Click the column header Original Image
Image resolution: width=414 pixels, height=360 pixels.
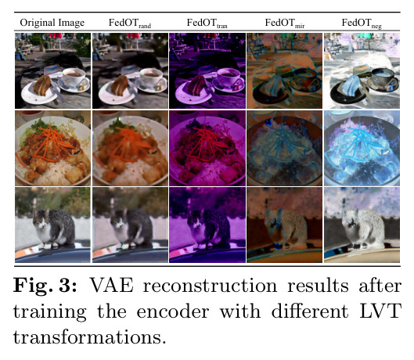(52, 23)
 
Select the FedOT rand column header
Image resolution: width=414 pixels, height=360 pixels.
(130, 23)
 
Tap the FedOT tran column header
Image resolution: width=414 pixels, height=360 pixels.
(207, 23)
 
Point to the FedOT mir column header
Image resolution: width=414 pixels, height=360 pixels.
(285, 23)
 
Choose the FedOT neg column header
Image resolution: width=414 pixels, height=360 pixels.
(362, 23)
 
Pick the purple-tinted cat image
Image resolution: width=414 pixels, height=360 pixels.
(207, 225)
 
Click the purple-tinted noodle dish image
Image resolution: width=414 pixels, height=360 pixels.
(207, 148)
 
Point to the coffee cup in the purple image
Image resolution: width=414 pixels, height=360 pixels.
(229, 77)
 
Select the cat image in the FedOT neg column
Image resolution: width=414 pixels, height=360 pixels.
(362, 225)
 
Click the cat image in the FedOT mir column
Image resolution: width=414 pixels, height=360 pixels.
(285, 225)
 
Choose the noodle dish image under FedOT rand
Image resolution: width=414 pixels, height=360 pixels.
(130, 148)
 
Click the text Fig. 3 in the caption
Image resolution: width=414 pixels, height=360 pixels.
(45, 286)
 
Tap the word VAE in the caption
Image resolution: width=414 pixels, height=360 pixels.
(112, 286)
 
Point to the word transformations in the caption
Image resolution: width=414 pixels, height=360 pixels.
(89, 337)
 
